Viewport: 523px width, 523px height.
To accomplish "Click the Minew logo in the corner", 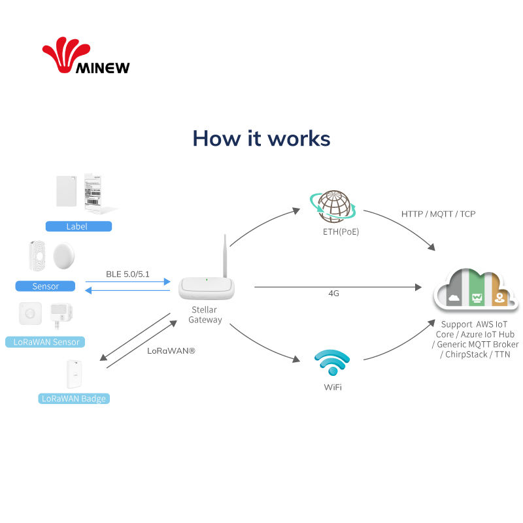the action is coord(86,58).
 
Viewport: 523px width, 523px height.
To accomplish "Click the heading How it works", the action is coord(261,139).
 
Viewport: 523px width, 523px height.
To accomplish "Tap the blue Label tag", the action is coord(78,227).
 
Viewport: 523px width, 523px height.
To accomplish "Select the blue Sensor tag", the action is coord(46,286).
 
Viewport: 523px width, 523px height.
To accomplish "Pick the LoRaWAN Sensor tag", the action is coord(46,342).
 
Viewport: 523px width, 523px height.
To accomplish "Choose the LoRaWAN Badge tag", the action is coord(73,398).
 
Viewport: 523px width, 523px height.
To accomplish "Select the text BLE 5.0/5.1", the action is coord(127,274).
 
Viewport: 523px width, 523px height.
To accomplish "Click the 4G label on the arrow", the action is coord(333,294).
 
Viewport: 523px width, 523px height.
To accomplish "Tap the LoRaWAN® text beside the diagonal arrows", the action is coord(171,351).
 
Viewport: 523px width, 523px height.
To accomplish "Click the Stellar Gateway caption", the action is coord(205,314).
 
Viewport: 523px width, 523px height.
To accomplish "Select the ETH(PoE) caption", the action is coord(341,231).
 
